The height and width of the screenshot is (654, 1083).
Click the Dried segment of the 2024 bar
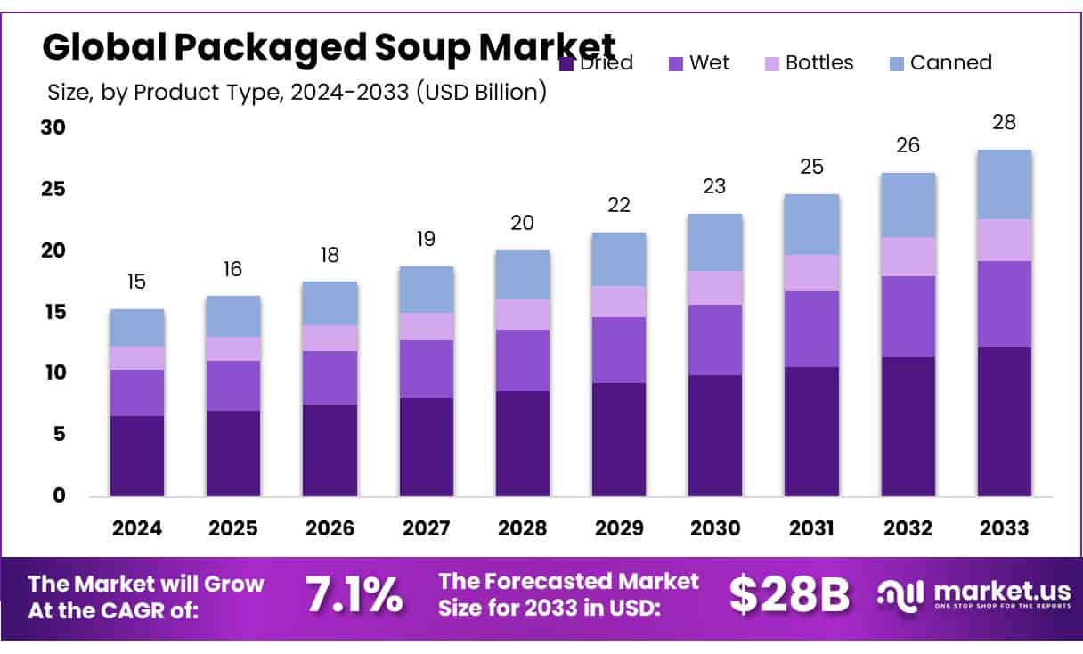click(x=136, y=455)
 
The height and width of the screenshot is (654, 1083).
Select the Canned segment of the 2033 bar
click(x=1004, y=184)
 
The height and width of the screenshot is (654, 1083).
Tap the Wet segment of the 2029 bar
click(x=619, y=350)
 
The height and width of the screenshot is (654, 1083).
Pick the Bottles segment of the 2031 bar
click(x=811, y=273)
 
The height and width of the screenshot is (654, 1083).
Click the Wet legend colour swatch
click(x=676, y=63)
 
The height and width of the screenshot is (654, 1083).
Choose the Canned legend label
click(x=950, y=63)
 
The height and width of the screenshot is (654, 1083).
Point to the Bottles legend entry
click(x=809, y=63)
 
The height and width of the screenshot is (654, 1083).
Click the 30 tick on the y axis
click(x=53, y=128)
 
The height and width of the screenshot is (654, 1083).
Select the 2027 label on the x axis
click(x=427, y=527)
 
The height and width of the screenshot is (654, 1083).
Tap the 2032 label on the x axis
click(x=908, y=527)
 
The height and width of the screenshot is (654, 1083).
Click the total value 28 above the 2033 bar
click(x=1004, y=123)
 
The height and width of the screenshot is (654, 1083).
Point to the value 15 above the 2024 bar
click(x=136, y=282)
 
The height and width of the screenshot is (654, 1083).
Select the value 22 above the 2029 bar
click(x=619, y=206)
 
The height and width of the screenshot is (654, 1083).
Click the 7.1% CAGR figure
click(x=354, y=595)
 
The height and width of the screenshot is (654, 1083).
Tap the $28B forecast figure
click(x=789, y=595)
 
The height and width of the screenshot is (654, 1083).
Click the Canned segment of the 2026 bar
click(x=330, y=304)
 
